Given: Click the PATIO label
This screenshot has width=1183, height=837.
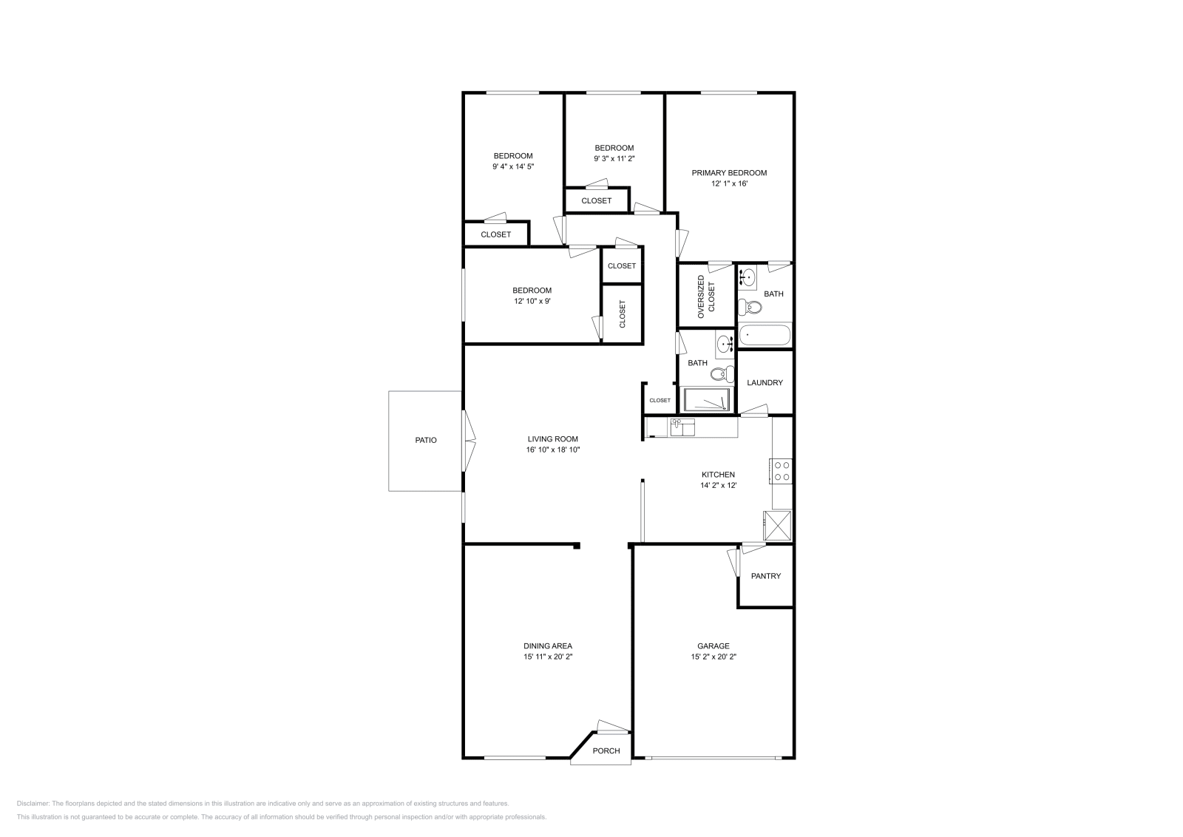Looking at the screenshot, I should (425, 440).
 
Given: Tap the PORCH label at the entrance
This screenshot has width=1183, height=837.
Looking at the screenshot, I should (606, 750).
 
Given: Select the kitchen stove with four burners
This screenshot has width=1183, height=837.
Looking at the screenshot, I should (782, 471).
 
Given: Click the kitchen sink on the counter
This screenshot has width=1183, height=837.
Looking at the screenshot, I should (682, 427).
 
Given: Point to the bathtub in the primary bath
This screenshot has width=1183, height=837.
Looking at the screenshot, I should (765, 336).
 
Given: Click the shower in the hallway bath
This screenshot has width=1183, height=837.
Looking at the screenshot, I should (708, 401).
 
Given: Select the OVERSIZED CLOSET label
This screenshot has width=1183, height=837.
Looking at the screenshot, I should (706, 297).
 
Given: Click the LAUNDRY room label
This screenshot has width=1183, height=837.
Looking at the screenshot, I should (765, 382).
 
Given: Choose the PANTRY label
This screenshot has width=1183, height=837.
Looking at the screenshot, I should (765, 576).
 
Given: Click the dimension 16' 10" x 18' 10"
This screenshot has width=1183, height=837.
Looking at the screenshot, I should (552, 450).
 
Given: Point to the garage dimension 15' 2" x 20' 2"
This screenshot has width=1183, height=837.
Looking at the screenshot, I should (713, 656).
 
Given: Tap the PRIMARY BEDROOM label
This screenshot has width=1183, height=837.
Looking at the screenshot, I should (729, 172).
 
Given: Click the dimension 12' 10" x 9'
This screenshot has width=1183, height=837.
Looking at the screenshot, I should (532, 301).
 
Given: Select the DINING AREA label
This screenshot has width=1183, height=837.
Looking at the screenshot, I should (547, 645).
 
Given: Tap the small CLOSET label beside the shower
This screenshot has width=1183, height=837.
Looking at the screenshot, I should (660, 400).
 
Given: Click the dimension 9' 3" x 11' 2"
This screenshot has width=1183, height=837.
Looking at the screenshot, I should (614, 158).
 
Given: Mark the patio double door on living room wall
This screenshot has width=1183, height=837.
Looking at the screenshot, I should (468, 441).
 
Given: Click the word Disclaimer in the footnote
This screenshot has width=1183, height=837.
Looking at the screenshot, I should (33, 803).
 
